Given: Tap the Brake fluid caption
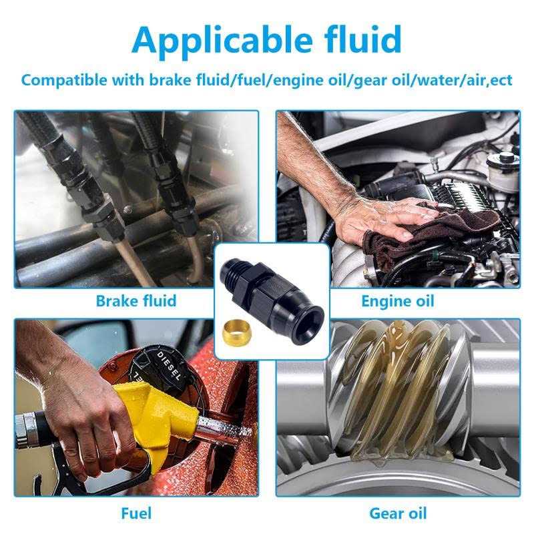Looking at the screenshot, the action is pos(136,301).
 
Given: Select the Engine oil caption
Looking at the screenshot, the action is pos(398,302).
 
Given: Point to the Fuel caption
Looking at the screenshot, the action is pos(136,513).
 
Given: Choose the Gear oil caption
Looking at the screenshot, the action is pos(398,513).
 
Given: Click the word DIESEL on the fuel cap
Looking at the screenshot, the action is pos(169,366).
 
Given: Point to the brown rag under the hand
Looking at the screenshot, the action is pos(433,235).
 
